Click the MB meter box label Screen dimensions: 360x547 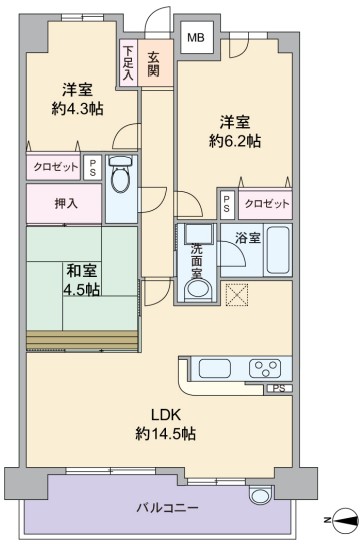(196, 37)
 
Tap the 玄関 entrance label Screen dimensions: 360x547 (154, 63)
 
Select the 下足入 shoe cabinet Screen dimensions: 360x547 (128, 63)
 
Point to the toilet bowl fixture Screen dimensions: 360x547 (121, 173)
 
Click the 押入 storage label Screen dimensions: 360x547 (66, 203)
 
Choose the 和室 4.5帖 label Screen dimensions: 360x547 (82, 280)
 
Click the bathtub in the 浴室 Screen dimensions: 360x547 (278, 250)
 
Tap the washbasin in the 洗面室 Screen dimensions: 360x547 (198, 289)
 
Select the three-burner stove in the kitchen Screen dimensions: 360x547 (265, 369)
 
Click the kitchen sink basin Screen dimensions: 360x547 (215, 369)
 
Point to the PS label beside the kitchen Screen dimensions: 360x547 (278, 388)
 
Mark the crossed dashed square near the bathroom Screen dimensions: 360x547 (237, 294)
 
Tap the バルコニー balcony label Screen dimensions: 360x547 (167, 508)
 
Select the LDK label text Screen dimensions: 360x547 (165, 415)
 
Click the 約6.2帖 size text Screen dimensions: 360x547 (234, 141)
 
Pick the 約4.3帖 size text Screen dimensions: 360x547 (77, 109)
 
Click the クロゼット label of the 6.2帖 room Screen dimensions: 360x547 (267, 203)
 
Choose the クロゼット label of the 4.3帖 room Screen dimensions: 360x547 (55, 167)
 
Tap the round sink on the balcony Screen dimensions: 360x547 (259, 495)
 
